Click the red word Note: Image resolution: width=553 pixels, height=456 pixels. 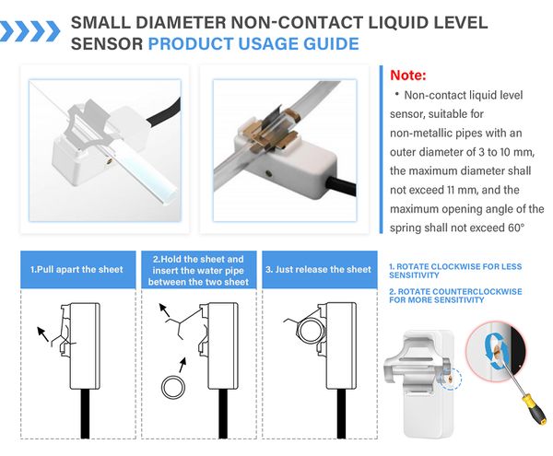(408, 75)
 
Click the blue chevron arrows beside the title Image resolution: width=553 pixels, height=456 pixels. (29, 31)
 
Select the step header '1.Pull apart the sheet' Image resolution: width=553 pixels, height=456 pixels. (76, 270)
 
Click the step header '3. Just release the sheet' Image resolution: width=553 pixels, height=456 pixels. (319, 270)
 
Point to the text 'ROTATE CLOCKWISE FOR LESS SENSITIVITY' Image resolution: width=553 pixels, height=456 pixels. (455, 271)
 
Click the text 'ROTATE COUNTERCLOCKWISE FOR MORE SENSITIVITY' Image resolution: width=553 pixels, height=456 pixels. (455, 296)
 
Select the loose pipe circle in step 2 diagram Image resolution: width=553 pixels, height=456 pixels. (173, 387)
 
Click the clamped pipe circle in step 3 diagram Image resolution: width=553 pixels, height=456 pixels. (310, 332)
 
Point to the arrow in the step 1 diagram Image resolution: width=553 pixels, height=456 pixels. (43, 334)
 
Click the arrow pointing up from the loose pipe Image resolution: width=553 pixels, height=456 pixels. (182, 365)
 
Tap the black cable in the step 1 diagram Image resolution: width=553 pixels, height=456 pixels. (85, 414)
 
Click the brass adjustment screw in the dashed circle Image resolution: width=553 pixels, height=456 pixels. (451, 380)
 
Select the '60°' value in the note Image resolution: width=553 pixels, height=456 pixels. (516, 228)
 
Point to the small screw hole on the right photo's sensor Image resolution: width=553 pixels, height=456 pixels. (269, 173)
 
